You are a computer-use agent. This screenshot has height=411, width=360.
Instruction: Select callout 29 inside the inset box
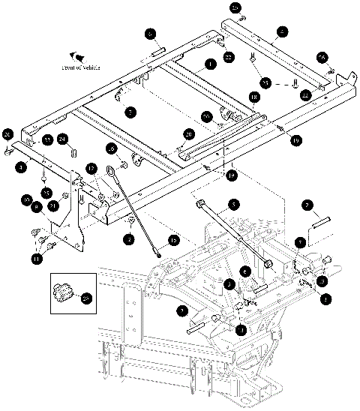click(x=85, y=299)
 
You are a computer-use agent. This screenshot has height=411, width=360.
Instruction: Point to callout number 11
click(x=36, y=259)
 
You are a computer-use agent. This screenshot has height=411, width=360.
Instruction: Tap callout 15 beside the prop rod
click(x=173, y=240)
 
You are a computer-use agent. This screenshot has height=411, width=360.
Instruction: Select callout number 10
click(x=26, y=201)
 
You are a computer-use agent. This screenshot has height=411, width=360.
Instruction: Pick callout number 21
click(x=52, y=205)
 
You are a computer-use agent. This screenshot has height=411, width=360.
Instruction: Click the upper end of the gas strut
click(x=200, y=202)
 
